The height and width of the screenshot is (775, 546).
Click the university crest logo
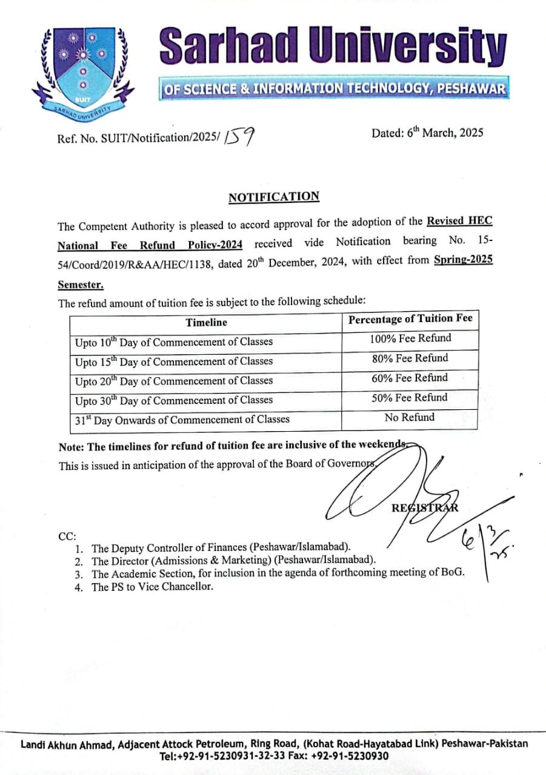tap(83, 70)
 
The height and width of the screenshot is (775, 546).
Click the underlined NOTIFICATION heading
tap(274, 197)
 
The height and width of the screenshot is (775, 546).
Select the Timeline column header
tap(207, 322)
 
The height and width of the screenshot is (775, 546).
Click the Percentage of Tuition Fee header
tap(410, 319)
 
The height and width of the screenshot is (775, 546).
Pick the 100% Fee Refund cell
tap(410, 338)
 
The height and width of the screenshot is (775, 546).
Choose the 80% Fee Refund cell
tap(410, 358)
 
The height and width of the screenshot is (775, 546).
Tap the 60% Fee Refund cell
tap(410, 378)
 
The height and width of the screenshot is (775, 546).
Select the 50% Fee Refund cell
tap(410, 398)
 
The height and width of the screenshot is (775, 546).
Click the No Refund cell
tap(410, 418)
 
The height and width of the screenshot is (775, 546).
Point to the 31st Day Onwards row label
tap(182, 419)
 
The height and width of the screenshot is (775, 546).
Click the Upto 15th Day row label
tap(174, 361)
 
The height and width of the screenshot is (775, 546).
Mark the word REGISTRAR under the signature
tap(425, 508)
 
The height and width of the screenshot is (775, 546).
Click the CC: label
tap(67, 536)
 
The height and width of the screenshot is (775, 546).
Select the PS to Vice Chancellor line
tap(152, 587)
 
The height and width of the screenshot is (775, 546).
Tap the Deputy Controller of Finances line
tap(221, 548)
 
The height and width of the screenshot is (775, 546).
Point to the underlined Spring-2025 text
tap(463, 260)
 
